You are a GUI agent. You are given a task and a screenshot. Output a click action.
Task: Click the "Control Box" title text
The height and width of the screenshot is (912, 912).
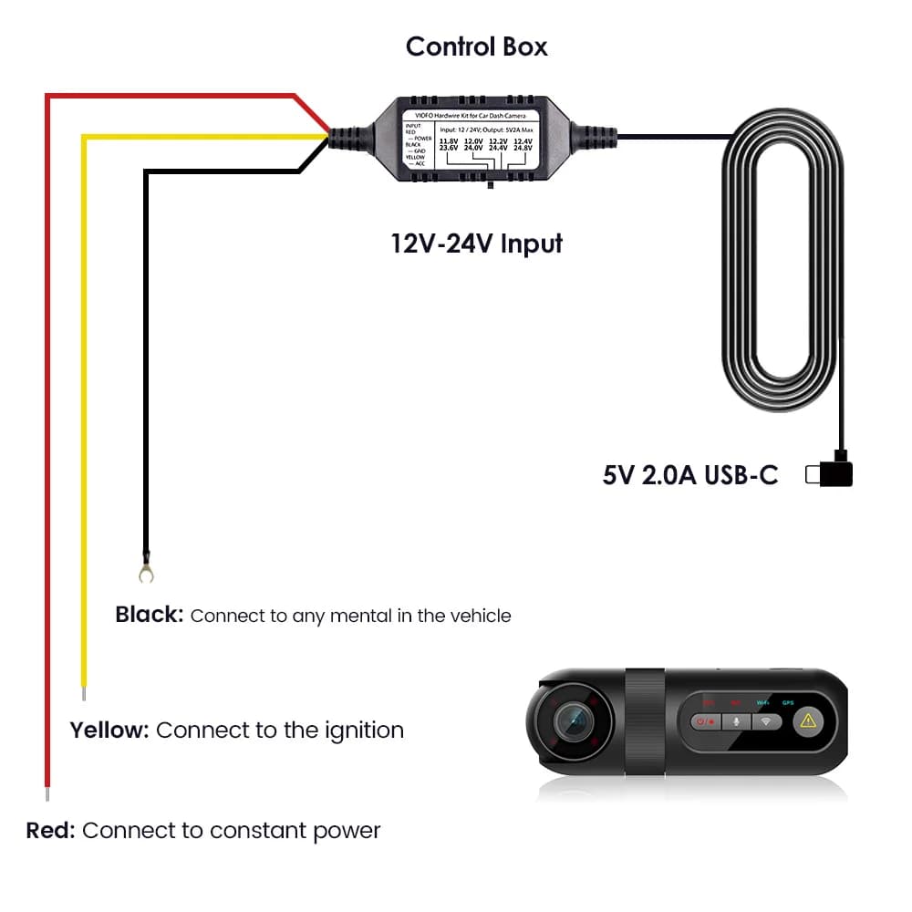tap(476, 47)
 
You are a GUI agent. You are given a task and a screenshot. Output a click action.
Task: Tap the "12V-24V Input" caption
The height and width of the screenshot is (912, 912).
tap(476, 244)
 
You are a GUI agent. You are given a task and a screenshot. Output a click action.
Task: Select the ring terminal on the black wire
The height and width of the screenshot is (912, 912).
tap(144, 572)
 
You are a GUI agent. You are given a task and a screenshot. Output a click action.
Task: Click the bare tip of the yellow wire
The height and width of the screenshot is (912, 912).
tap(84, 693)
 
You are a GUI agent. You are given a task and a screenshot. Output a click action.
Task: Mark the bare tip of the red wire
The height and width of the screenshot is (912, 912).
tap(47, 793)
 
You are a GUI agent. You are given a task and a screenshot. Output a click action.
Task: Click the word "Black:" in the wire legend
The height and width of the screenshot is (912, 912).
tap(150, 615)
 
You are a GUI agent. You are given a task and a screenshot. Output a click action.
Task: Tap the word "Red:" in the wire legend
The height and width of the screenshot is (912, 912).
tap(51, 830)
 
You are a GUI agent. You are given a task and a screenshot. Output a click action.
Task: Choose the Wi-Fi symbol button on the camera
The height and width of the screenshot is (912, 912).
tap(767, 721)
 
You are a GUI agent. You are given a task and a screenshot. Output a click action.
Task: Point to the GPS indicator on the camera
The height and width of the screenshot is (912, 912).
tap(788, 702)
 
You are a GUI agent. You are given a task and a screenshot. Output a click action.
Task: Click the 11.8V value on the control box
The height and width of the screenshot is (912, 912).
tap(449, 141)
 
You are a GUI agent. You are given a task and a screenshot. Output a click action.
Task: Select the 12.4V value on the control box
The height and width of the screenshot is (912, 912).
tap(523, 141)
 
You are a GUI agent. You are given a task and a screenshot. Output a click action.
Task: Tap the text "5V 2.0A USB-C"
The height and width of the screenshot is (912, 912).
tap(690, 475)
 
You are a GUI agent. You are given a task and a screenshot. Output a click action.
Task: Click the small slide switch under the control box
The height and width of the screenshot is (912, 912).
tap(491, 185)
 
